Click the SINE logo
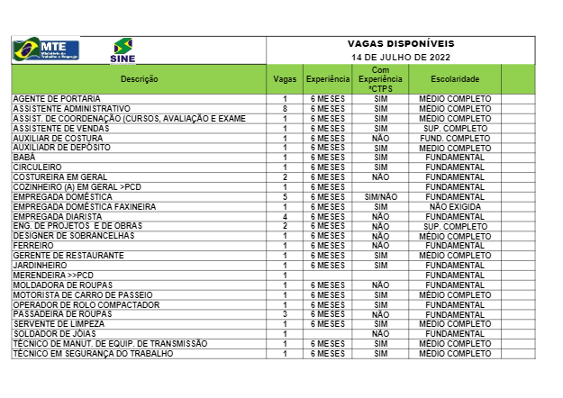[122, 51]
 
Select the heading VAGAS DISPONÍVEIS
[401, 44]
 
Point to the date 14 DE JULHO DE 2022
[401, 57]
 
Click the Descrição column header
[139, 79]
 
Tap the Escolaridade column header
[455, 79]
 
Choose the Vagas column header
[285, 79]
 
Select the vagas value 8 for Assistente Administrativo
[285, 108]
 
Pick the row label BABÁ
[24, 158]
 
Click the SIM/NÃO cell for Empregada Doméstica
[381, 196]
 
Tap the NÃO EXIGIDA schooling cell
[455, 206]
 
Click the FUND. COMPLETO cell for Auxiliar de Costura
[455, 138]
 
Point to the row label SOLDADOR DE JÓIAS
[53, 333]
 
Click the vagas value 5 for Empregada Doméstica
[285, 196]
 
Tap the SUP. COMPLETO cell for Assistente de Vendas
[455, 128]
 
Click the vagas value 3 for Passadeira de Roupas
[285, 313]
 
